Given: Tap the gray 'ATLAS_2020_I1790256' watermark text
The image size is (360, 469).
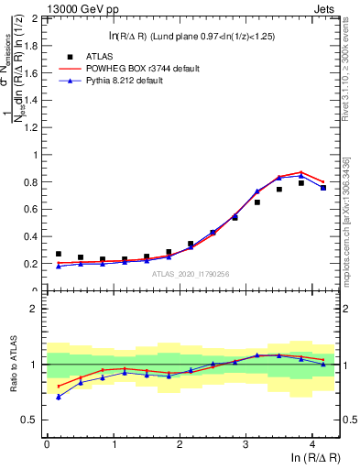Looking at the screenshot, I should [191, 273].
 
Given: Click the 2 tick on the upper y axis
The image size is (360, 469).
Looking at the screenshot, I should [37, 18].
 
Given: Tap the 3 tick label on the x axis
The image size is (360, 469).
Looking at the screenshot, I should [245, 444].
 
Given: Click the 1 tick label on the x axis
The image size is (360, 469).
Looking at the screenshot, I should [113, 444].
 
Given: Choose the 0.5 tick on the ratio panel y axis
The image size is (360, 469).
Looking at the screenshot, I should [33, 420].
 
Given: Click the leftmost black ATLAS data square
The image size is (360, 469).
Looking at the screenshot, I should [59, 255].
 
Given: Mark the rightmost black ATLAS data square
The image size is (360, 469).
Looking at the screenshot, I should [323, 188].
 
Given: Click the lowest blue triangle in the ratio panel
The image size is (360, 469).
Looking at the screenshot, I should [59, 397].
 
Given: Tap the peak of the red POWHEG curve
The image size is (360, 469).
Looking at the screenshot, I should [301, 172].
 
